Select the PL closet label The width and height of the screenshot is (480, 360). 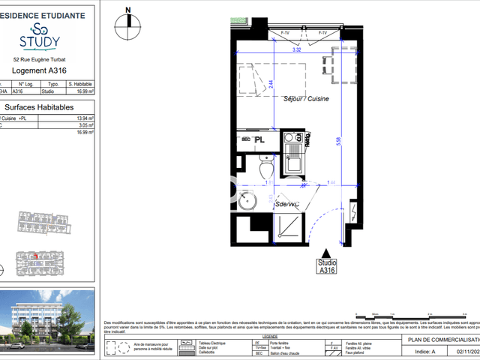(x=259, y=139)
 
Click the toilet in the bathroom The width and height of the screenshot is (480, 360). (x=265, y=168)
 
